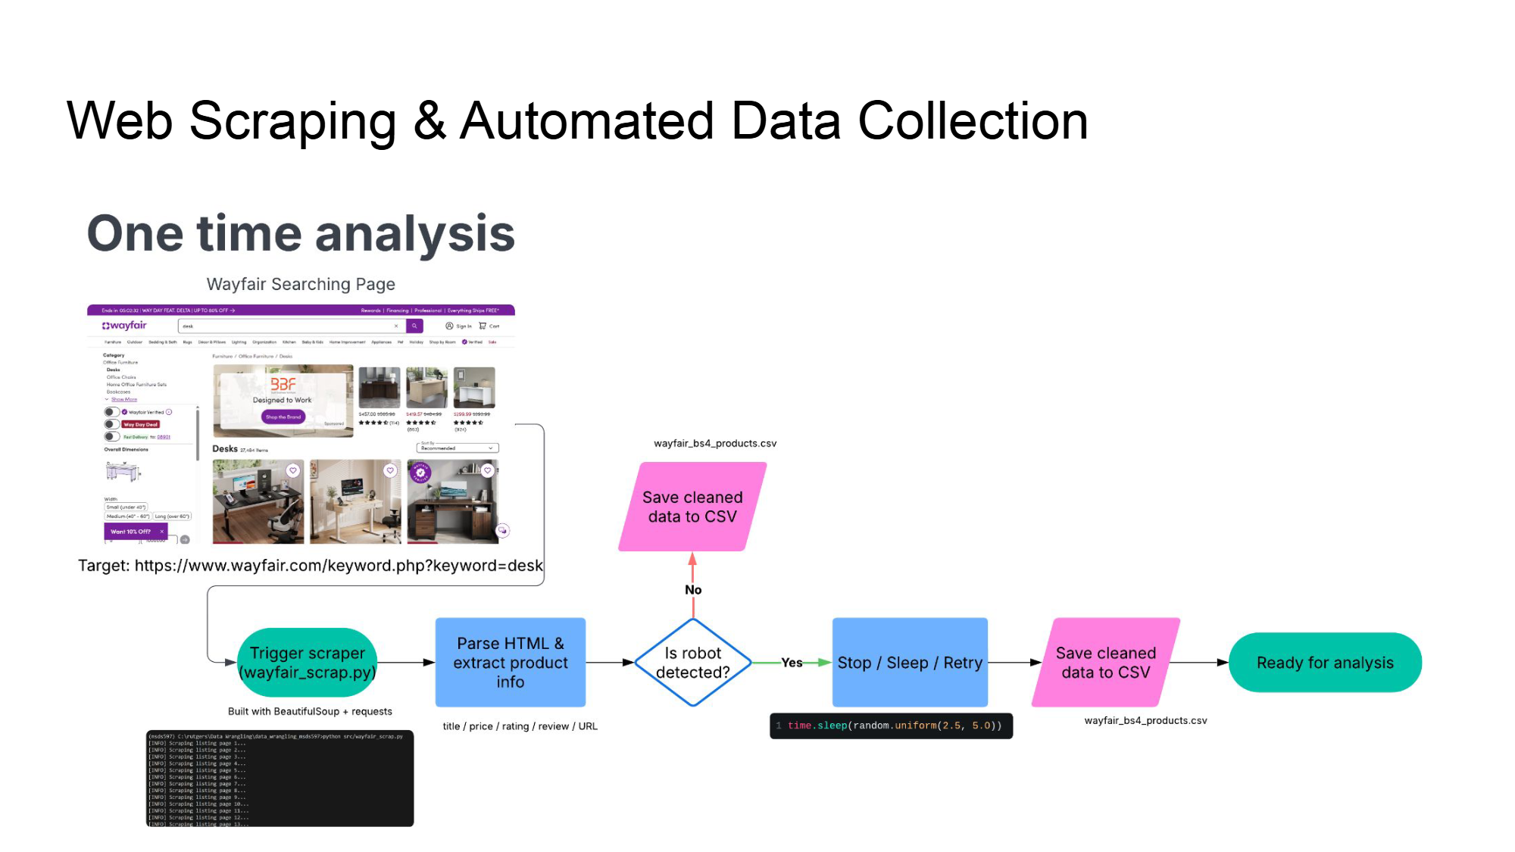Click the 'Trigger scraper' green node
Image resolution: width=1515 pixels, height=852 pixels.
[307, 663]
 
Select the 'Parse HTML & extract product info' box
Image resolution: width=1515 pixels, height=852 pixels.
[510, 663]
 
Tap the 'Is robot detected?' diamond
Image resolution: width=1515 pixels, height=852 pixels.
[692, 663]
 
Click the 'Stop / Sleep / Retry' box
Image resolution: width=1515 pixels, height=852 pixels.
[909, 663]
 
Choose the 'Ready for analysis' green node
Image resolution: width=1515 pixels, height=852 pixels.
[1324, 663]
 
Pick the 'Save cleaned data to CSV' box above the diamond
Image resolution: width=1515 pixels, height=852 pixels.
[692, 507]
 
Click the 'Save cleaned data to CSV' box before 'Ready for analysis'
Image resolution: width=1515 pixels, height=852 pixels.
[1105, 663]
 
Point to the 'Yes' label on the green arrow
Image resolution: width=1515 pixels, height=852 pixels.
[792, 663]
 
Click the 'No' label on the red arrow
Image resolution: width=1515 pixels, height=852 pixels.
[693, 590]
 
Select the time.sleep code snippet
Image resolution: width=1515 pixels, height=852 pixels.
[891, 726]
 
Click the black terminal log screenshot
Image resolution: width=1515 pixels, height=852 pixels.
[280, 778]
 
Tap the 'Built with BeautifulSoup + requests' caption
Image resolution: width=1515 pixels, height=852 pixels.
[310, 711]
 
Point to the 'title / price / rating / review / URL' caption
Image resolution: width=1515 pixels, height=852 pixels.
[520, 726]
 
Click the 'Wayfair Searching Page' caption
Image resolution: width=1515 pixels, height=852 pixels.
[301, 284]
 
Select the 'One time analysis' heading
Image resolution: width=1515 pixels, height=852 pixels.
[301, 233]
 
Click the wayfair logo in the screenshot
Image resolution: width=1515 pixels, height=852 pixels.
[124, 326]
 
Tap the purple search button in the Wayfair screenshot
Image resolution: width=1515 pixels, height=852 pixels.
[414, 326]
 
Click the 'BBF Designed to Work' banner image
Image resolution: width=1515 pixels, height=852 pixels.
[283, 400]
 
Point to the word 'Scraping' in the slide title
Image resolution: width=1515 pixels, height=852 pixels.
[292, 121]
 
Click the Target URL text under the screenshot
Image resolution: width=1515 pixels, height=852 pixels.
[311, 566]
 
